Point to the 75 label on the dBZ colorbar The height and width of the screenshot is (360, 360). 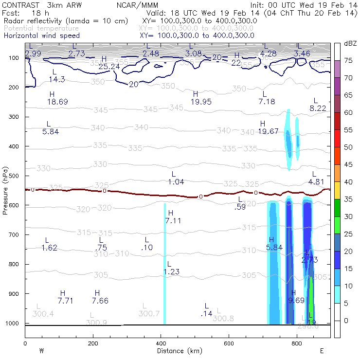tap(349, 60)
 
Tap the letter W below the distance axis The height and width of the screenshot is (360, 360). tap(42, 351)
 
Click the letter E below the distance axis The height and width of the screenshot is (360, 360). tap(322, 351)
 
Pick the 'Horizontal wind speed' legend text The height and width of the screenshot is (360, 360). tap(41, 36)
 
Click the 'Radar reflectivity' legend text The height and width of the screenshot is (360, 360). tap(35, 21)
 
